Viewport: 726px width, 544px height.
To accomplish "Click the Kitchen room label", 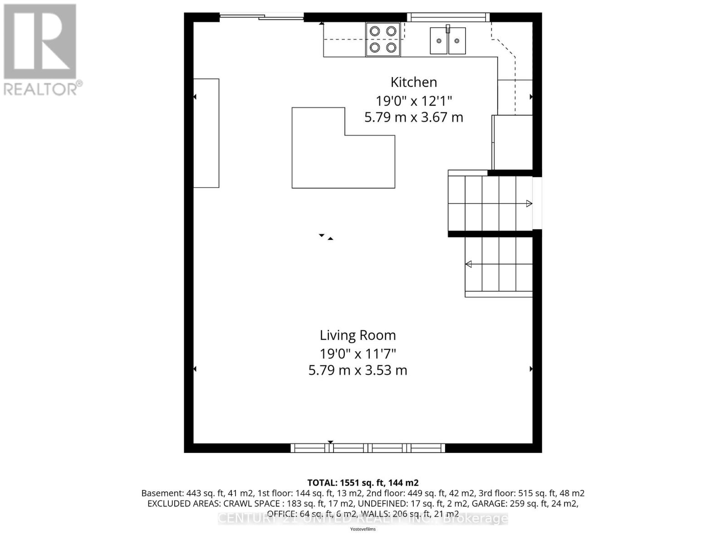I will pos(413,82).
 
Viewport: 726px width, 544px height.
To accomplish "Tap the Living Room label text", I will pos(358,335).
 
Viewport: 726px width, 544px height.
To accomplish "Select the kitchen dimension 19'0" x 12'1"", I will pos(413,100).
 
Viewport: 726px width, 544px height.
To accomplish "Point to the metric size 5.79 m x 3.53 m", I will pos(358,370).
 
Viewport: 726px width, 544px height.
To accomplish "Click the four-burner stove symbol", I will pos(383,39).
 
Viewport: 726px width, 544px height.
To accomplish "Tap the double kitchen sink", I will pos(448,40).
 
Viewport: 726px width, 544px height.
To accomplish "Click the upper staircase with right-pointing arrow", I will pos(490,204).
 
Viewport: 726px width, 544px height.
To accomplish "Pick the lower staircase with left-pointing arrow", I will pos(498,264).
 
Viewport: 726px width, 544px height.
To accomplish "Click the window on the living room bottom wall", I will pos(368,448).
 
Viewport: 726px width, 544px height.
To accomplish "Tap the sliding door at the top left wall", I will pos(262,17).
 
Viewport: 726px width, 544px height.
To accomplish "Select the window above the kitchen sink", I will pos(448,17).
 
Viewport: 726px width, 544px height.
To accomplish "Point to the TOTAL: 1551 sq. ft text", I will pos(363,483).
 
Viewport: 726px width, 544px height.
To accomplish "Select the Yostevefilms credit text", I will pos(363,529).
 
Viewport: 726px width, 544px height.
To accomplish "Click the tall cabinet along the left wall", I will pos(206,133).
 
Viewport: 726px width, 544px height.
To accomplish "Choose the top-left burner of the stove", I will pos(375,31).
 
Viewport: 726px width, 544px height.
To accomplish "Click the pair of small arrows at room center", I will pos(326,237).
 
